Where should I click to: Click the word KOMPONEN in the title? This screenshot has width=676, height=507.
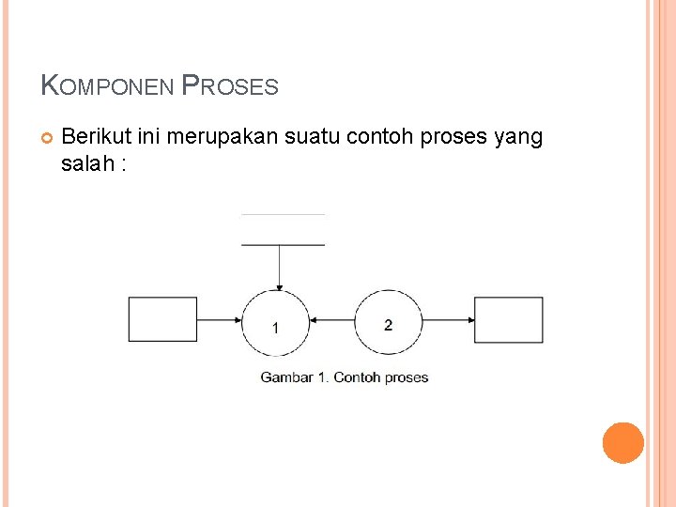(107, 86)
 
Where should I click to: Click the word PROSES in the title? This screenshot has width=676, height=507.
(230, 86)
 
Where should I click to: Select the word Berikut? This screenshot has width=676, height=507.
(96, 137)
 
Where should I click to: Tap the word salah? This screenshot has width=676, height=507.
(84, 164)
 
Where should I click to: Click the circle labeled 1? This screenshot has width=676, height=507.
(275, 321)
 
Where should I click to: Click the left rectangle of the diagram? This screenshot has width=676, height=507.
(162, 319)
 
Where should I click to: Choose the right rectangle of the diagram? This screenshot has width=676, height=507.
(508, 319)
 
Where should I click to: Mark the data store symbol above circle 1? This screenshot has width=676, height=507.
(283, 230)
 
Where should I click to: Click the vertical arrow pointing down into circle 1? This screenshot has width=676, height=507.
(279, 267)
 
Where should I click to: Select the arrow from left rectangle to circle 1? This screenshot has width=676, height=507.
(220, 320)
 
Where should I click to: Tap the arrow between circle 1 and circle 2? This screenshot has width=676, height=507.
(331, 320)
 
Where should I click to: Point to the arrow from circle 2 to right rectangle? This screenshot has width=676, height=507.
(448, 320)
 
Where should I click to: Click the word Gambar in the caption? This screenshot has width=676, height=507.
(285, 377)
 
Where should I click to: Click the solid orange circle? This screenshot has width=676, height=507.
(623, 443)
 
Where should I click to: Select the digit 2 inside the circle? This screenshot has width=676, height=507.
(388, 325)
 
